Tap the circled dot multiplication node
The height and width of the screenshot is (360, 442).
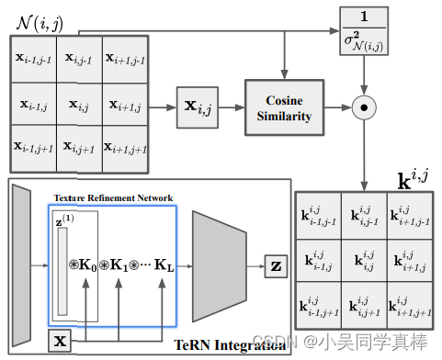coord(366,107)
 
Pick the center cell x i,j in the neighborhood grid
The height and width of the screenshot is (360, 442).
coord(79,107)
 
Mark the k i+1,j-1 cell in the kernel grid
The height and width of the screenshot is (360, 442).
coord(409,217)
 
